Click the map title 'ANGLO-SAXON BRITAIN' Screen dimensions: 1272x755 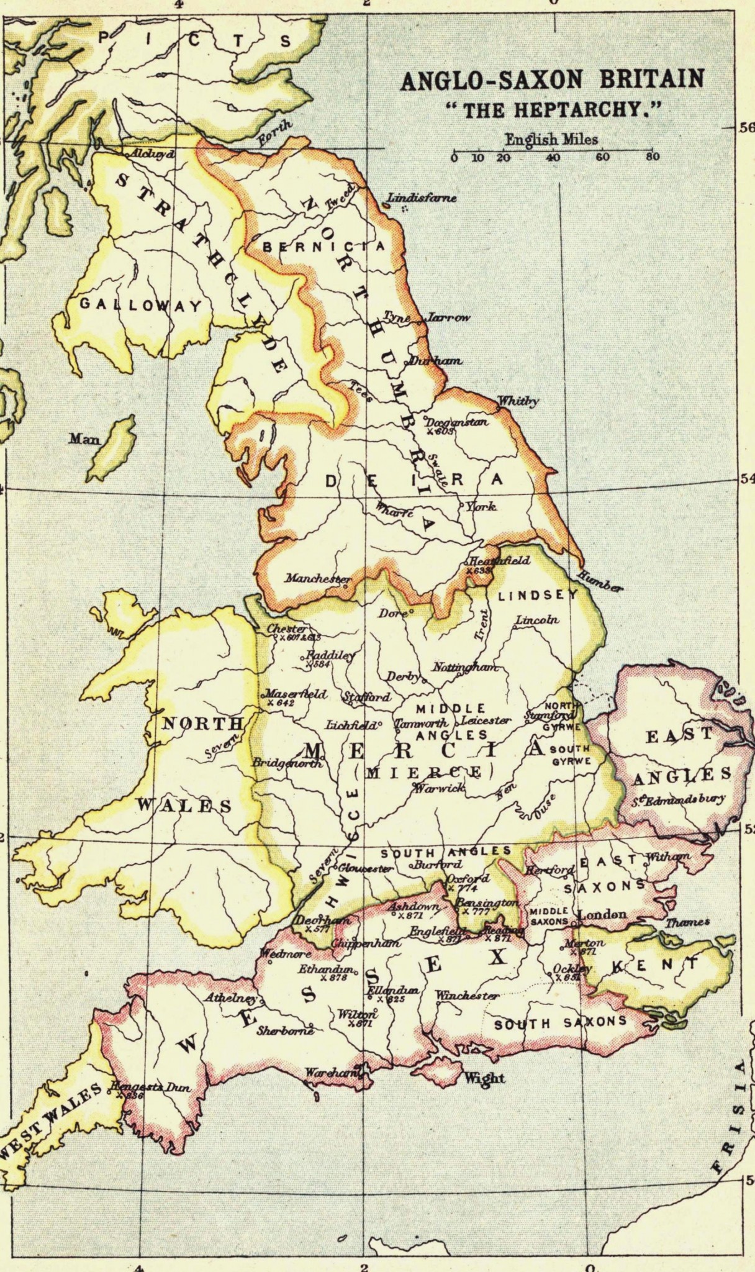coord(553,81)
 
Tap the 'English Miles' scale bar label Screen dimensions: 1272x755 coord(551,139)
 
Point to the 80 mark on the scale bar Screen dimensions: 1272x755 coord(651,157)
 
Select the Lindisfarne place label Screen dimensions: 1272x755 coord(422,199)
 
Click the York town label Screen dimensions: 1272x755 coord(483,507)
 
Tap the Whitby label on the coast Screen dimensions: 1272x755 coord(519,401)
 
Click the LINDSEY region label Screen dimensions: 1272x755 coord(538,594)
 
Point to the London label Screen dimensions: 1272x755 coord(602,914)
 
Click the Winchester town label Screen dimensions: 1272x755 coord(467,996)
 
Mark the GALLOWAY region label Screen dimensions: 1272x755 coord(140,305)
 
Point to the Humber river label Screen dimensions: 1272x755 coord(599,581)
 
